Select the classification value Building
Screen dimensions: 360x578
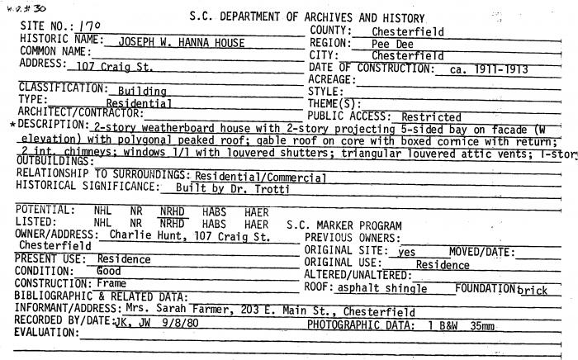pos(142,91)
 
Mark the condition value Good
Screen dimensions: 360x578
pos(109,271)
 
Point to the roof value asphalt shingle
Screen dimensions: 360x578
pos(382,288)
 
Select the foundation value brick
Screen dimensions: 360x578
pos(533,290)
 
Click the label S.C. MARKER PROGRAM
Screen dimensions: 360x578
pos(344,225)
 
